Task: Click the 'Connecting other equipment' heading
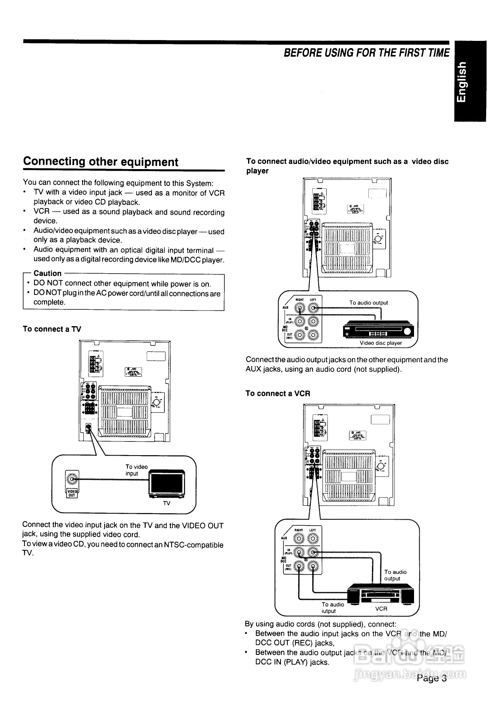pos(101,162)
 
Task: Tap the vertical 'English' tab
pos(470,81)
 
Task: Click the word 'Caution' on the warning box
pos(48,273)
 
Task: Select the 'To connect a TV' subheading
pos(52,329)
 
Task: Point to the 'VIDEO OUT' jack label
pos(72,493)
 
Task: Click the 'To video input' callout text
pos(136,470)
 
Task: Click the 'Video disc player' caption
pos(380,343)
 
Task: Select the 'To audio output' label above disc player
pos(368,303)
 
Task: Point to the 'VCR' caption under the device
pos(381,609)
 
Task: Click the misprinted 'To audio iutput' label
pos(332,607)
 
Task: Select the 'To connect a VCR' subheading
pos(278,393)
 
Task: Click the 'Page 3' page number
pos(431,678)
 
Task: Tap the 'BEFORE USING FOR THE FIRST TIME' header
pos(366,53)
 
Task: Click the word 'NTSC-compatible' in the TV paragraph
pos(194,545)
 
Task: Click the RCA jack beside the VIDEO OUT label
pos(72,479)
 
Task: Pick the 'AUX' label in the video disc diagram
pos(285,308)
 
